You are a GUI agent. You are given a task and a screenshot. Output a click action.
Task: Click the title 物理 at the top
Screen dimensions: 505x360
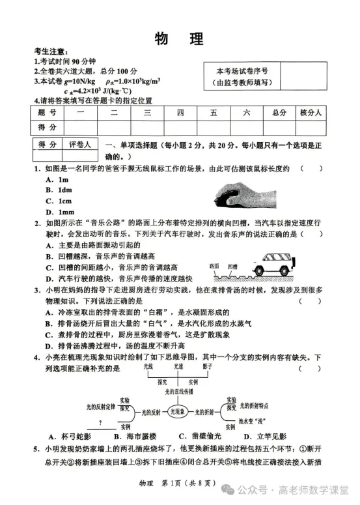tap(179, 38)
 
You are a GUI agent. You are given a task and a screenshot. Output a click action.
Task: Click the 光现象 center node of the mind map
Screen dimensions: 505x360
tap(178, 412)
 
